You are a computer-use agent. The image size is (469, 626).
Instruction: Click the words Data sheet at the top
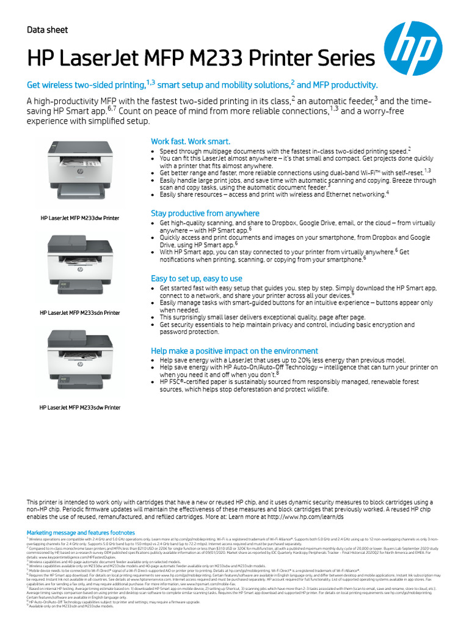click(x=47, y=30)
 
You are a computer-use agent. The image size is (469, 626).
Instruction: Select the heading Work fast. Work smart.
click(x=191, y=141)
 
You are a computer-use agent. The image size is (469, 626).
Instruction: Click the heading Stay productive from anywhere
click(x=205, y=213)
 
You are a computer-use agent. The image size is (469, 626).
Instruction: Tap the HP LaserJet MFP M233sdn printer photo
click(x=79, y=264)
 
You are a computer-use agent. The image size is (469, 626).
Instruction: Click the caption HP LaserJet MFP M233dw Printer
click(x=79, y=218)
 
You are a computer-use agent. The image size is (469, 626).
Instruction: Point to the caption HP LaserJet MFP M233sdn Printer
click(x=79, y=313)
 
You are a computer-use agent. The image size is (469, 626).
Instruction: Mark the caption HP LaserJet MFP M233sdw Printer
click(x=79, y=407)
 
